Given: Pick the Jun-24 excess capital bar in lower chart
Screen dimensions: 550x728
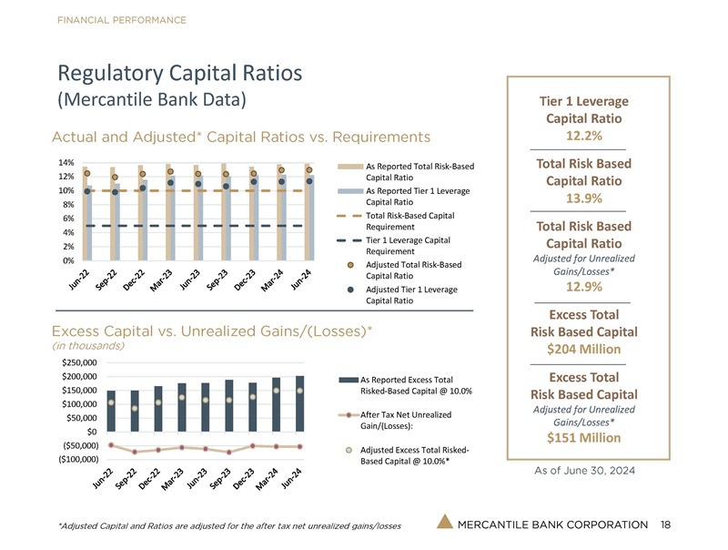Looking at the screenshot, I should click(299, 402).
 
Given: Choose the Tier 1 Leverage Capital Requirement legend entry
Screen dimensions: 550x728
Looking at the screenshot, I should click(410, 246).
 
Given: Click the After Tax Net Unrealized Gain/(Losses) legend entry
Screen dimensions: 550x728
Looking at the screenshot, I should click(399, 421).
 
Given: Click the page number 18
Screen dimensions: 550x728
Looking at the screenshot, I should click(667, 524).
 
